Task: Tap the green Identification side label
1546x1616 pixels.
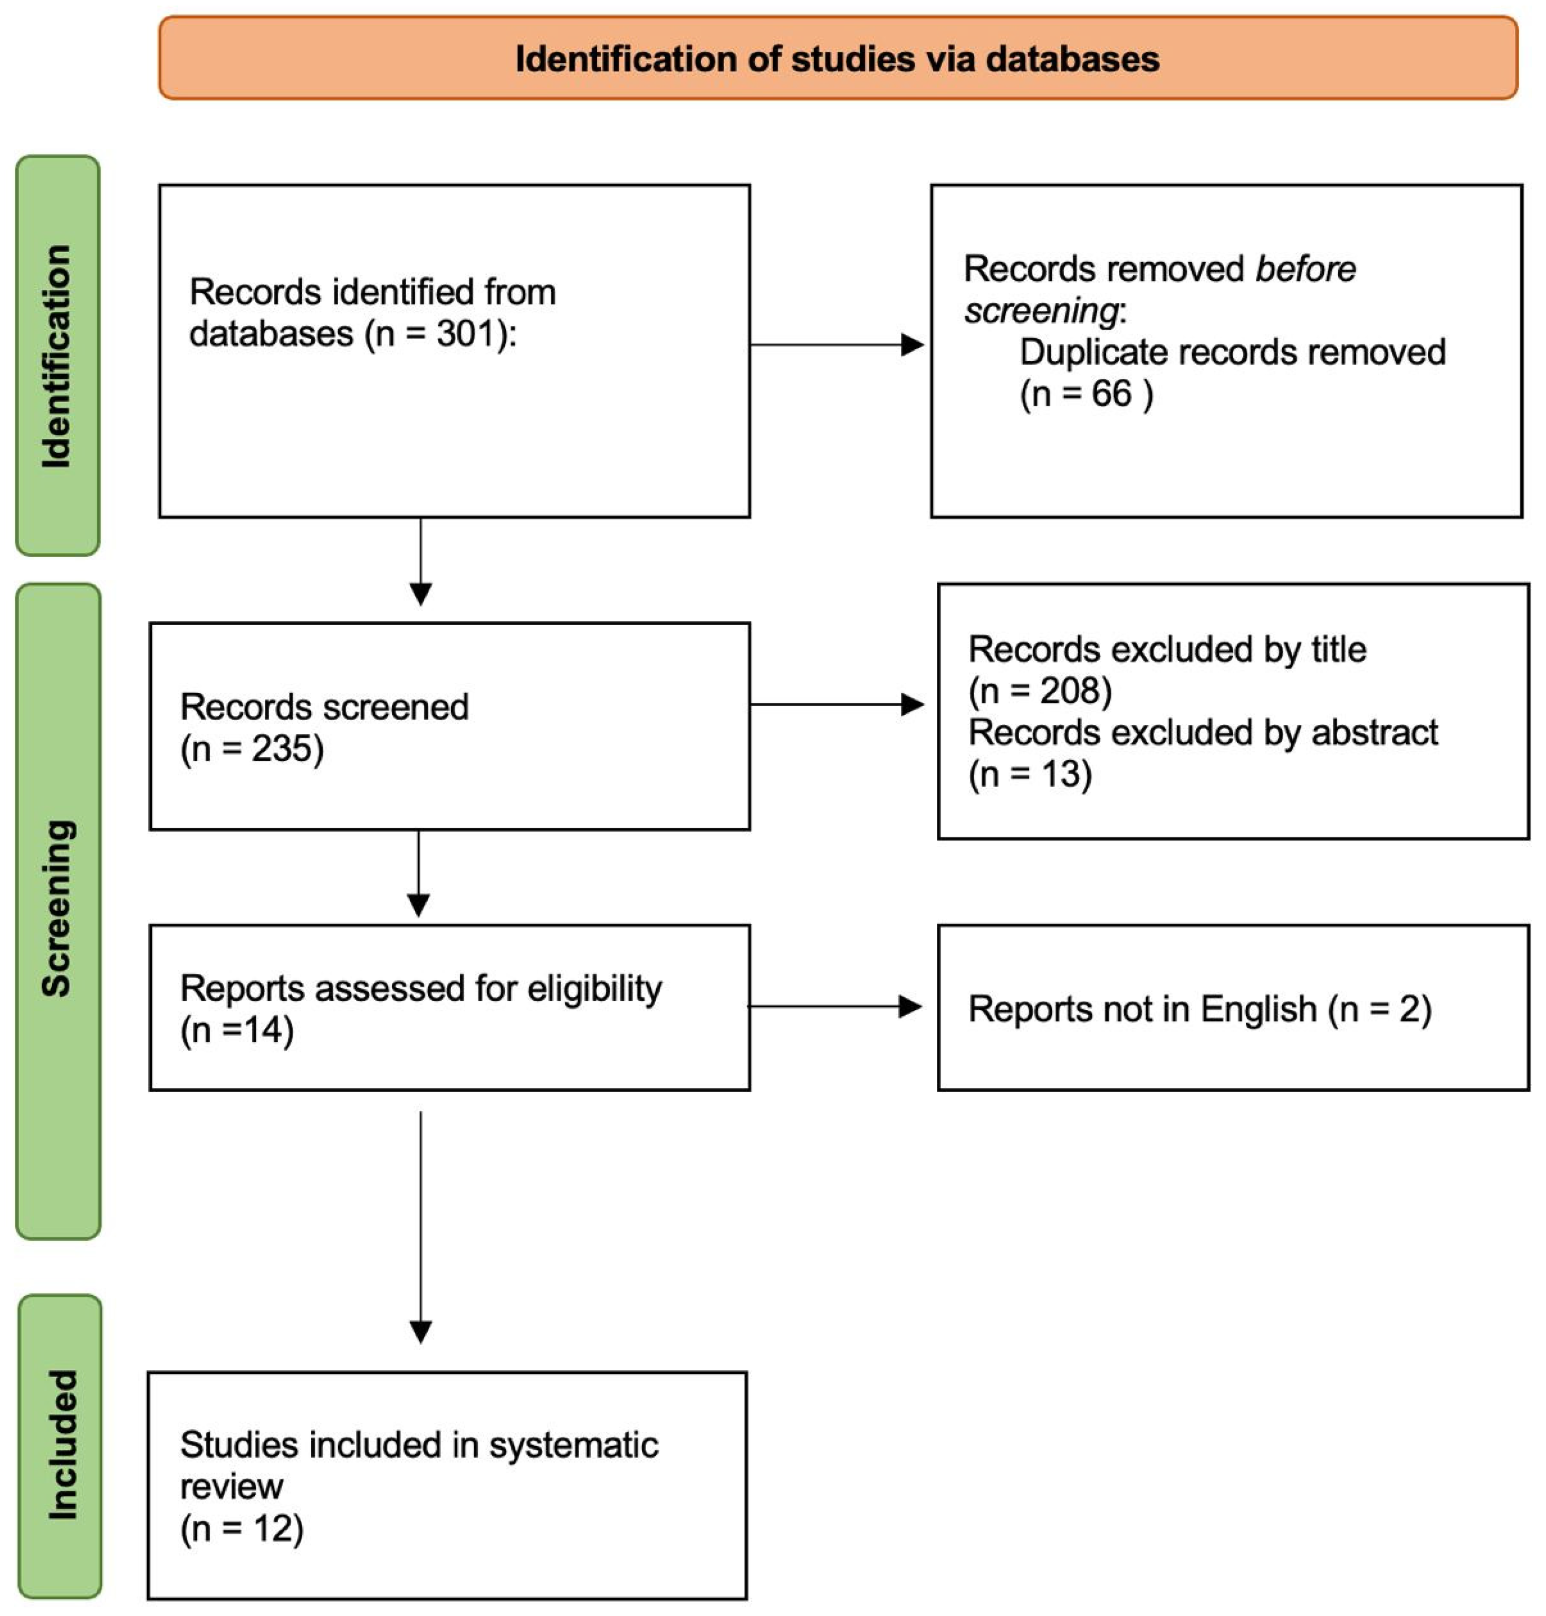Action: (x=57, y=356)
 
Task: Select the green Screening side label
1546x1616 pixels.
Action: (x=57, y=911)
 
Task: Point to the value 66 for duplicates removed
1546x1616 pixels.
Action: (x=1112, y=394)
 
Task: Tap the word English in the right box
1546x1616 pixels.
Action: (x=1259, y=1009)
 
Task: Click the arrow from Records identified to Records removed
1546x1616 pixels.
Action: (x=837, y=345)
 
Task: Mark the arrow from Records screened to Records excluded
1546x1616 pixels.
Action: (x=837, y=704)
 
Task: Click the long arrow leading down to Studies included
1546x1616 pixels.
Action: (x=420, y=1228)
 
